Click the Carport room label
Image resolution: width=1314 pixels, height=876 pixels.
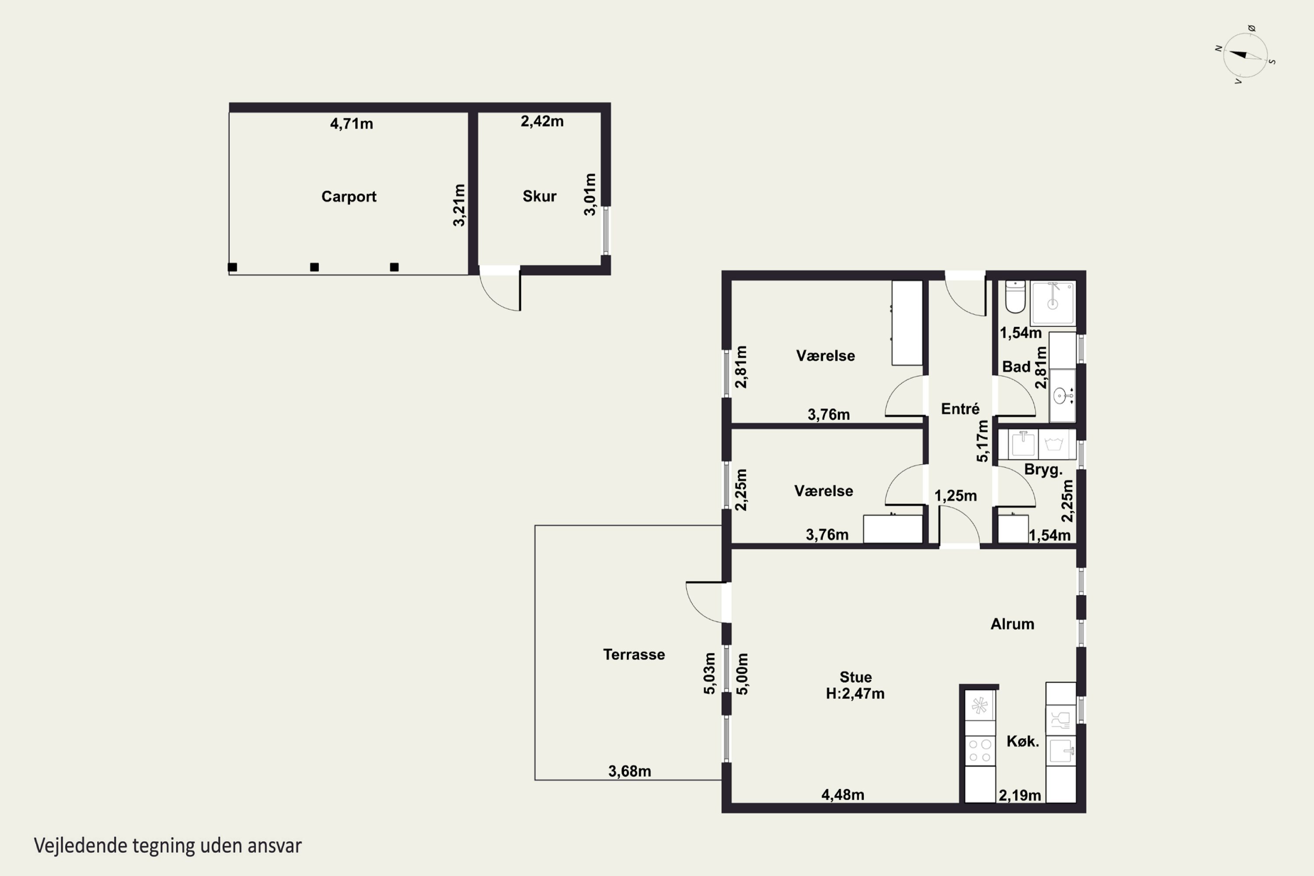pos(349,197)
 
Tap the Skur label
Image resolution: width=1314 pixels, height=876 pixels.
pos(539,196)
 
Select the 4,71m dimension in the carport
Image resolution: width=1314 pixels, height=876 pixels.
pos(351,124)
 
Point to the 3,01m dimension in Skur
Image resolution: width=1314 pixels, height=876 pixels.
pos(590,194)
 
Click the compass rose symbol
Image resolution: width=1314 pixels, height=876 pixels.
pos(1245,55)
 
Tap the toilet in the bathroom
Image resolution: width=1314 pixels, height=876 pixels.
pos(1014,297)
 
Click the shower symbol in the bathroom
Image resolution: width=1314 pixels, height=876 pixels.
pos(1053,302)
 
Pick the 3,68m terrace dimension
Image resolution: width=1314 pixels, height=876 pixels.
pos(630,771)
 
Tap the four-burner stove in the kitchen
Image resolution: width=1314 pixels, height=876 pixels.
pos(980,751)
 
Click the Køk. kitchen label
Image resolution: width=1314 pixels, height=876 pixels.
pos(1022,742)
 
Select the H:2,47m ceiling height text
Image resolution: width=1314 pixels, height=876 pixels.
pos(855,694)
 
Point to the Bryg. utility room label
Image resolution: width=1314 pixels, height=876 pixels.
pos(1043,470)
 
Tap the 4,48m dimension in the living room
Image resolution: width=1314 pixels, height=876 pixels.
pos(842,795)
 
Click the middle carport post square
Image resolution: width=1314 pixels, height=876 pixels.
pos(314,267)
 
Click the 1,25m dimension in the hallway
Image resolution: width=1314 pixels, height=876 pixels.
pos(955,495)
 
